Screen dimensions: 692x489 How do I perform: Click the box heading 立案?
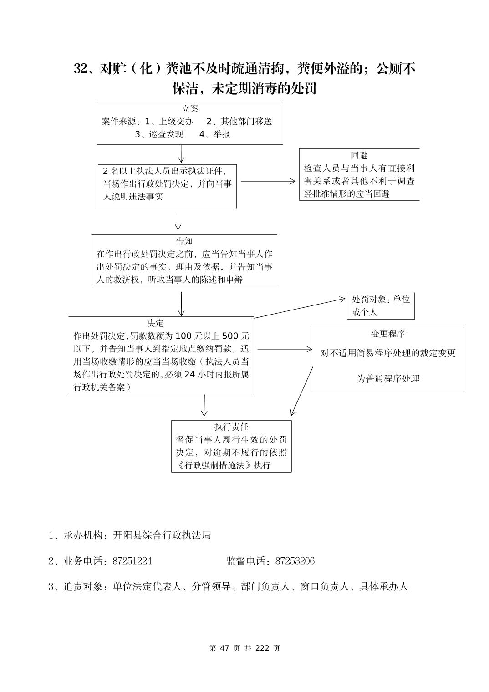point(190,109)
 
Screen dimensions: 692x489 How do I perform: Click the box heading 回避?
point(359,156)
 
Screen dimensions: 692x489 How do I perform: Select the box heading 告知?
point(184,241)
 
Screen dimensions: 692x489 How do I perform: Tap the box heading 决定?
point(155,323)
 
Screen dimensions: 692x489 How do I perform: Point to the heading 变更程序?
point(387,334)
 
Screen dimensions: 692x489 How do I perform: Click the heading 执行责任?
point(231,427)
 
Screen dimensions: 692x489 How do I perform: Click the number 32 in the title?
point(81,69)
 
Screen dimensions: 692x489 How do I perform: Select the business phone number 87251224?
point(132,561)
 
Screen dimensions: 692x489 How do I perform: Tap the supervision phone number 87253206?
point(295,561)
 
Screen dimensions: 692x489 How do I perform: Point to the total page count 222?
point(263,648)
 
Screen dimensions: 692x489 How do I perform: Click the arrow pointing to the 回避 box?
point(269,181)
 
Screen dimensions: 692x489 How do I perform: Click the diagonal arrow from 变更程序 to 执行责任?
point(301,392)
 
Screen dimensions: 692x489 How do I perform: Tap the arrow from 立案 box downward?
point(181,154)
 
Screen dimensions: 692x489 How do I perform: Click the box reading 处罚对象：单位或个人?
point(381,306)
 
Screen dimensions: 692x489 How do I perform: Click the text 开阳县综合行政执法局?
point(162,535)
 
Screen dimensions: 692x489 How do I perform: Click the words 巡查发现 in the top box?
point(166,134)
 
